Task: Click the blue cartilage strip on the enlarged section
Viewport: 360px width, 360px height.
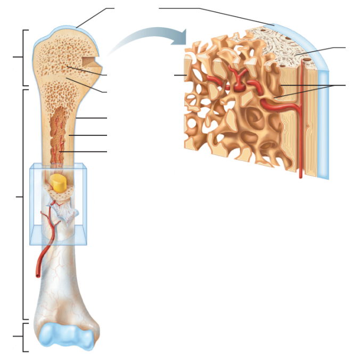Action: click(x=322, y=107)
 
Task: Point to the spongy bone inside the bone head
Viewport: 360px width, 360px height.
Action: click(x=59, y=59)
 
